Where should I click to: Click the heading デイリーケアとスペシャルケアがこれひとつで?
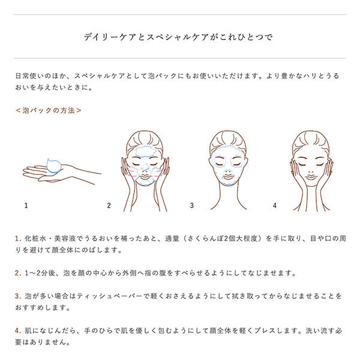coord(178,37)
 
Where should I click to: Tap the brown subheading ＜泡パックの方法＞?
coord(49,110)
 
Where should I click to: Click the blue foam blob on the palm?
coord(54,166)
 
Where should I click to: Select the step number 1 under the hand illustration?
coord(26,205)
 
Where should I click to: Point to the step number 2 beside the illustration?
coord(109,205)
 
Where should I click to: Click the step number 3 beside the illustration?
coord(192,205)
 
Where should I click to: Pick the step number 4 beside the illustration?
coord(275,205)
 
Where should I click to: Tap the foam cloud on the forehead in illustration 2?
coord(145,151)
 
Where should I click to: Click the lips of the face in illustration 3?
coord(228,177)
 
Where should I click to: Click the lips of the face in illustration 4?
coord(311,177)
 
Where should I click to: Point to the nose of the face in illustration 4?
coord(311,171)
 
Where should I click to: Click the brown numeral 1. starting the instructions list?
coord(18,239)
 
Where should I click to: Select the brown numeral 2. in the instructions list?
coord(18,273)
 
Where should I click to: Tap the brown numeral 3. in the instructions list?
coord(18,296)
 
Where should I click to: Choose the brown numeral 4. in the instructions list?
coord(18,331)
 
